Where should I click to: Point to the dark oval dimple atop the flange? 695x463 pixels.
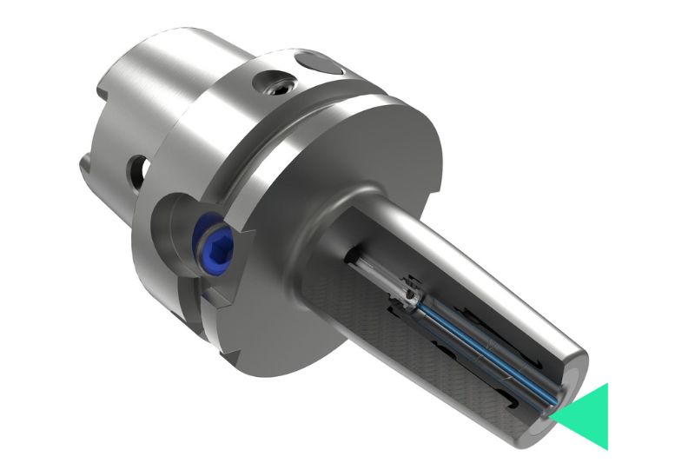(x=317, y=65)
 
